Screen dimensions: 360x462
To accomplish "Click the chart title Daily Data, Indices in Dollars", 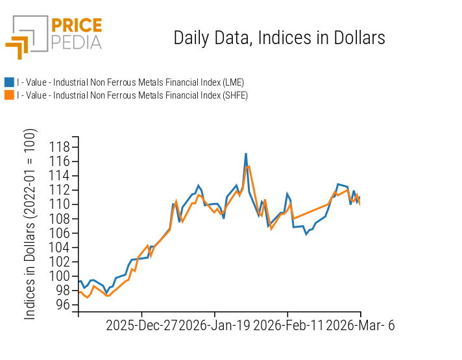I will pos(279,38).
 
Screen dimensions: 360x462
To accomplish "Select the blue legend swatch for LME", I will pos(9,82).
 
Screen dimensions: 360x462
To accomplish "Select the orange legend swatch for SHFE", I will pos(9,95).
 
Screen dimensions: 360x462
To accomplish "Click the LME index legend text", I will pos(130,82).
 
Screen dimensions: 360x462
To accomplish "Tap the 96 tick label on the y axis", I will pos(62,305).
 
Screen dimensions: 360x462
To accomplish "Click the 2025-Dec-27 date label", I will pos(141,326).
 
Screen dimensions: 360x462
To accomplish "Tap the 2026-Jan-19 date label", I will pos(215,326).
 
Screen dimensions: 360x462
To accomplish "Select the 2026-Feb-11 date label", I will pos(287,326).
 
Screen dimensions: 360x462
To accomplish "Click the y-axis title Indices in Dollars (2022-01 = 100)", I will pos(30,224).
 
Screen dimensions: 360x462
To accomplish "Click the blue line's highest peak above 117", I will pos(246,154).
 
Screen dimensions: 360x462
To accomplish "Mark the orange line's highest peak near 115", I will pos(249,166).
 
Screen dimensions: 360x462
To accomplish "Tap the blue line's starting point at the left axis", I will pos(79,282).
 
